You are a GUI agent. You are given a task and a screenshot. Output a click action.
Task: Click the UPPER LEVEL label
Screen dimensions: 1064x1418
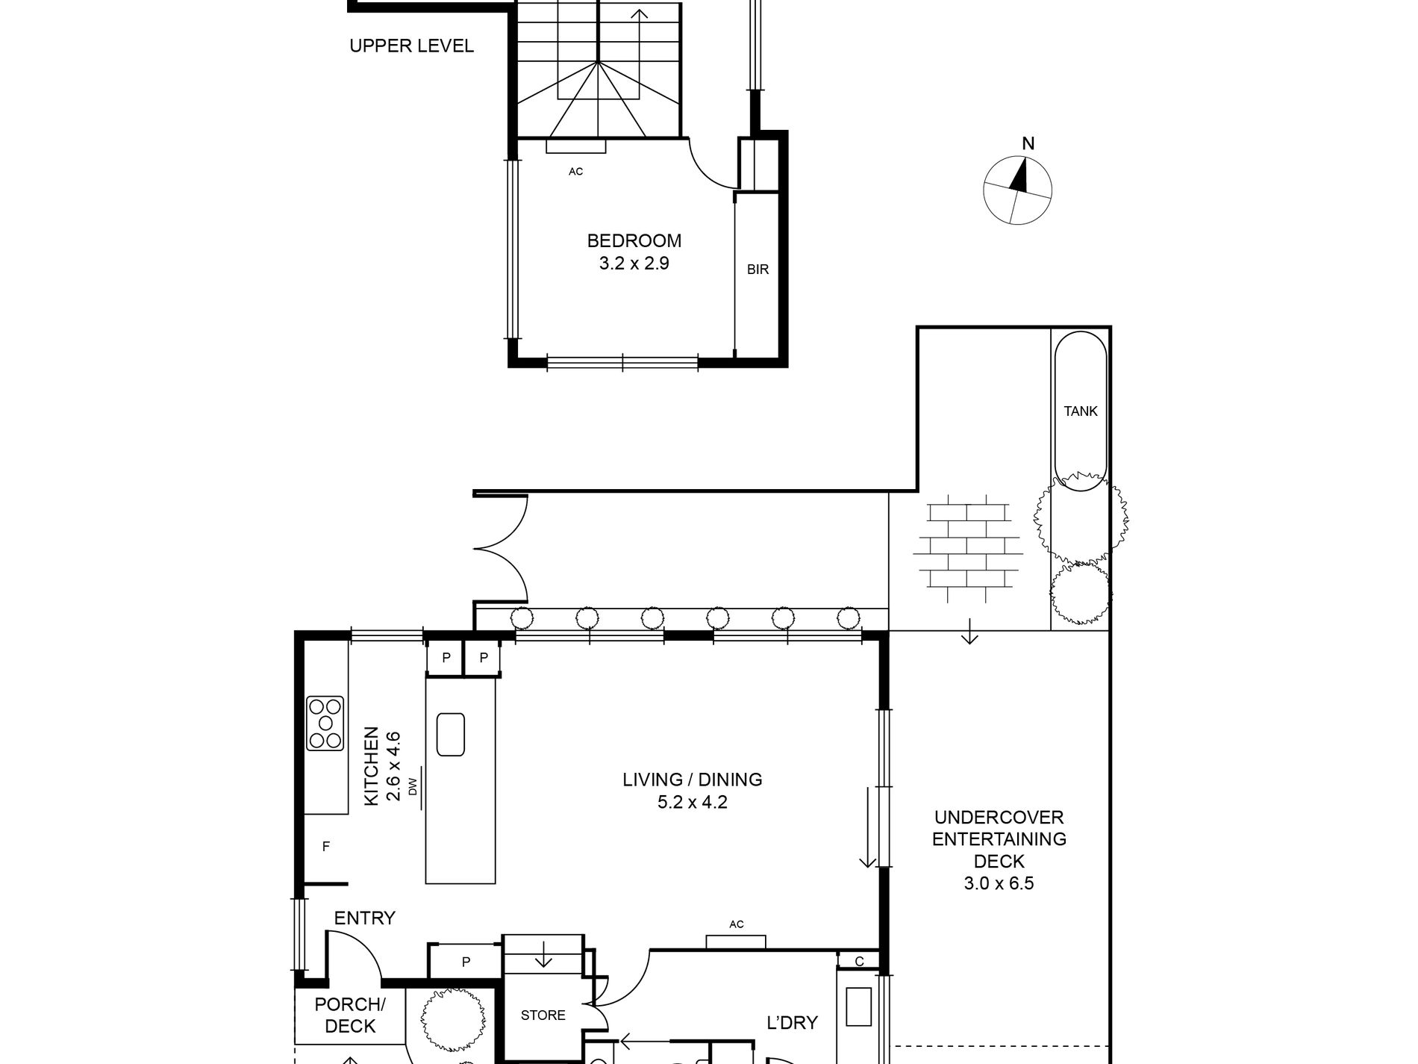411,46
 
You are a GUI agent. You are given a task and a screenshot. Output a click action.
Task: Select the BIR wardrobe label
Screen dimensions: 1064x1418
757,270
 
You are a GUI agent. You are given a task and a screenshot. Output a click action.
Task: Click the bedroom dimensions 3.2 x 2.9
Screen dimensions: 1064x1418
634,264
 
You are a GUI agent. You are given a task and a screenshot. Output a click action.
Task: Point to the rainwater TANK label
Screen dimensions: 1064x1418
1080,411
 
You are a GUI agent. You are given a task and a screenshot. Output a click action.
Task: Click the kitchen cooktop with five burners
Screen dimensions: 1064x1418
325,723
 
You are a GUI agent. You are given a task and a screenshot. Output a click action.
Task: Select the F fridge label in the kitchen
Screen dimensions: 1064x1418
325,847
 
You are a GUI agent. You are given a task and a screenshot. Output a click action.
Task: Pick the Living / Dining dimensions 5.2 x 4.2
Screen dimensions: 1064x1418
692,803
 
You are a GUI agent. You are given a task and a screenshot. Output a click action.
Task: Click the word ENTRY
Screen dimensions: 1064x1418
364,918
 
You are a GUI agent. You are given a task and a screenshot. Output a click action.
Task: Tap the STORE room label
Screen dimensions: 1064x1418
543,1015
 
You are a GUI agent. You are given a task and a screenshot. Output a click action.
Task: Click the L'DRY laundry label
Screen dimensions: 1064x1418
792,1022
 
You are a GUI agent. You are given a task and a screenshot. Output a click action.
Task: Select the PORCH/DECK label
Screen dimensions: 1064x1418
350,1015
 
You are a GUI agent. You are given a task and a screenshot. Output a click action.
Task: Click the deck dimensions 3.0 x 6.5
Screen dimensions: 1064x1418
999,884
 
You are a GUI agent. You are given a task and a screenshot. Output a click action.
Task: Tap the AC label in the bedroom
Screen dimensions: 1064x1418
575,172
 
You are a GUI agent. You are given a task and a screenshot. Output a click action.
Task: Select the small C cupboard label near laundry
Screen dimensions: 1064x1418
859,962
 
